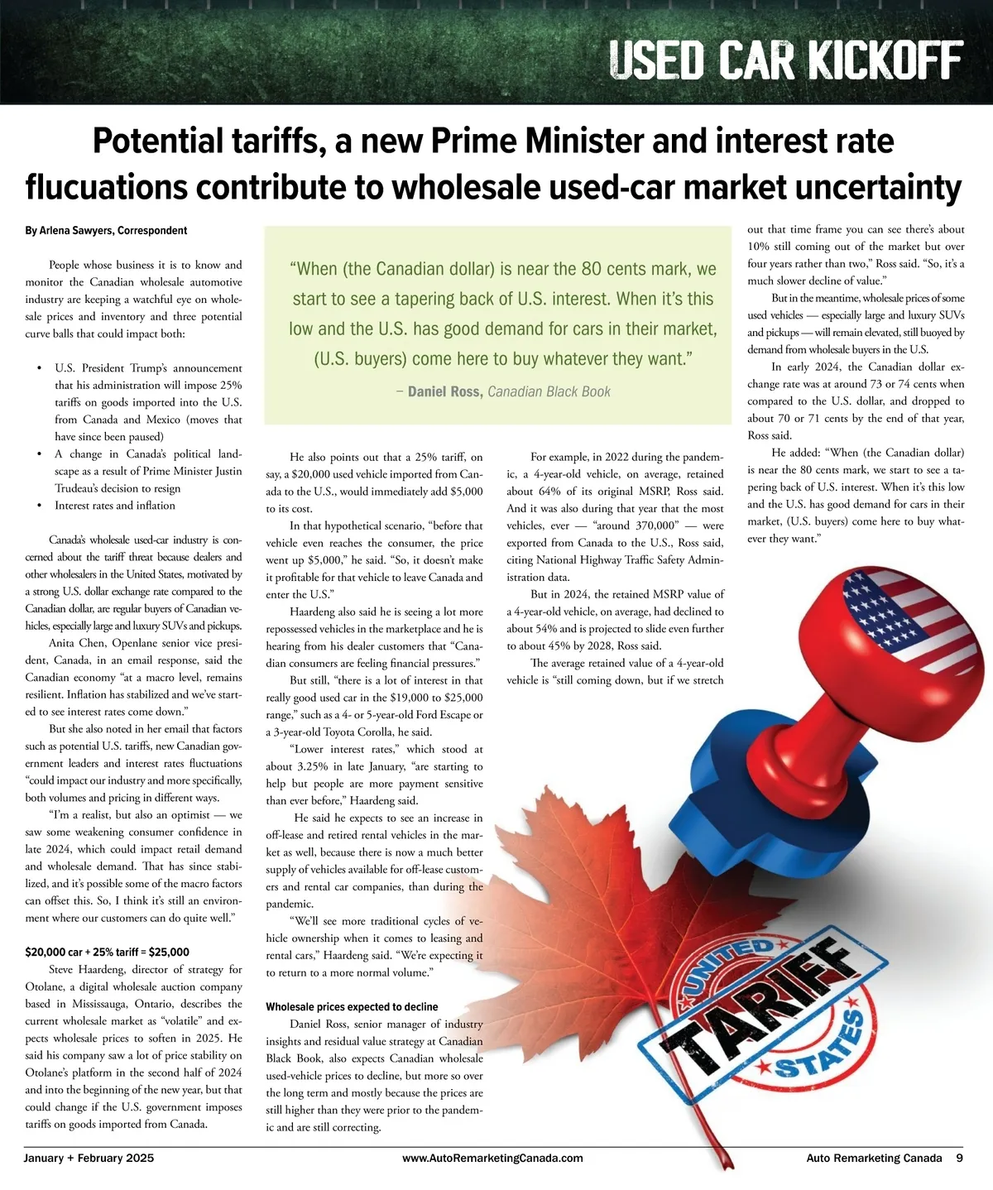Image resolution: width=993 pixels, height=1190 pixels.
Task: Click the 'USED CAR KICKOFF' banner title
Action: click(x=785, y=60)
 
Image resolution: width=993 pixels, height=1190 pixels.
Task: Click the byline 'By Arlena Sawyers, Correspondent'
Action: click(x=106, y=231)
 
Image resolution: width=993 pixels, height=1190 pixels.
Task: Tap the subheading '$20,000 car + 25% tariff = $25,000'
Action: click(x=108, y=952)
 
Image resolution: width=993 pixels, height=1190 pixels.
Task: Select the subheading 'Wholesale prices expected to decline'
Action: click(x=352, y=1007)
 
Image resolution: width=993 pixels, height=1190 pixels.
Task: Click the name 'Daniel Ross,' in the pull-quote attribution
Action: click(x=445, y=391)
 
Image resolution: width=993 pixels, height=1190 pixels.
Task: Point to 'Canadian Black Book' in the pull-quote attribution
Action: click(x=549, y=391)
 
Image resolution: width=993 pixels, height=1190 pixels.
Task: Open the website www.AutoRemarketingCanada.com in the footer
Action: click(x=492, y=1159)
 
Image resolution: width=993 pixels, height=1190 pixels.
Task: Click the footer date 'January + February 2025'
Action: click(x=89, y=1159)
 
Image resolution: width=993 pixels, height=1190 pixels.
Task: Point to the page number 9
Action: click(x=959, y=1159)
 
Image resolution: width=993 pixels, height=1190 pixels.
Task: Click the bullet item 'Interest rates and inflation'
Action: click(x=115, y=506)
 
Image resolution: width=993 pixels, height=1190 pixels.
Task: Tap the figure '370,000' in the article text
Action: click(x=636, y=526)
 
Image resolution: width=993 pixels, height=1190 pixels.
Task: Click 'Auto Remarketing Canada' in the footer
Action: click(x=874, y=1159)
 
